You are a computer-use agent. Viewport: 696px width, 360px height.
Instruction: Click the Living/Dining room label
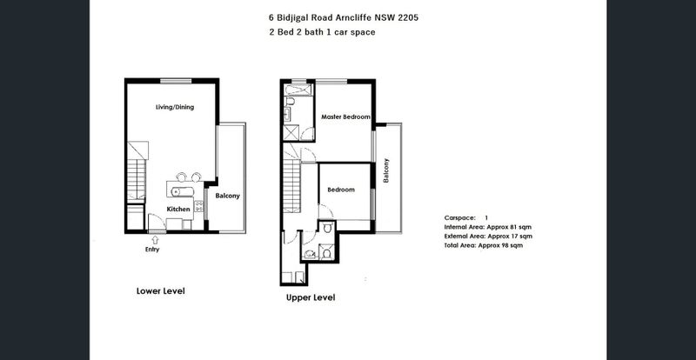coord(175,107)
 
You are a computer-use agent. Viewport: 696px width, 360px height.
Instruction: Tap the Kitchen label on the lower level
coord(178,209)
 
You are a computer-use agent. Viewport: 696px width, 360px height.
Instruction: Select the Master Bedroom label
coord(345,117)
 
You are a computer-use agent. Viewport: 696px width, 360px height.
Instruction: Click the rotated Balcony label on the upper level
coord(386,170)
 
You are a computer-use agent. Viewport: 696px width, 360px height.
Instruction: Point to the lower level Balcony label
coord(227,196)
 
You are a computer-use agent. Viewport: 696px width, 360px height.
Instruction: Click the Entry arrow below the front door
coord(155,240)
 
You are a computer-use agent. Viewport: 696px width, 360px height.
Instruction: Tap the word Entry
coord(152,250)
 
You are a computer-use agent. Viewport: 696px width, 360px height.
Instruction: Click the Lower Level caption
coord(161,291)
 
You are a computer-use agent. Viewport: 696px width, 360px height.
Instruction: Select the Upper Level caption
coord(311,297)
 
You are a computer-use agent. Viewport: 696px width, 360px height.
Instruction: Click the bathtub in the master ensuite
coord(298,90)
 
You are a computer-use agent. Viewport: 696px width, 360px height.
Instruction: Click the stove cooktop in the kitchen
coord(199,206)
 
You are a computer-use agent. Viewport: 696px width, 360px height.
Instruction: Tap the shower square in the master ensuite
coord(291,133)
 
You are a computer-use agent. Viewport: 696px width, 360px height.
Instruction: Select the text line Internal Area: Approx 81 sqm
coord(488,227)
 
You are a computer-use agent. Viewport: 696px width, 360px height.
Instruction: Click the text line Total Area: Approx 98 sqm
coord(484,245)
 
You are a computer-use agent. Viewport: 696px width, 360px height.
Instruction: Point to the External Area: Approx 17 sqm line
coord(488,237)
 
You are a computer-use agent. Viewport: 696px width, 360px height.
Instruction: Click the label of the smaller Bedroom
coord(341,190)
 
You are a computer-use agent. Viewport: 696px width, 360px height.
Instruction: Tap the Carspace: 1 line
coord(466,218)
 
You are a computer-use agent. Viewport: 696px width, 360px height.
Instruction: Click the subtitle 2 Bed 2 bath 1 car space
coord(322,32)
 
